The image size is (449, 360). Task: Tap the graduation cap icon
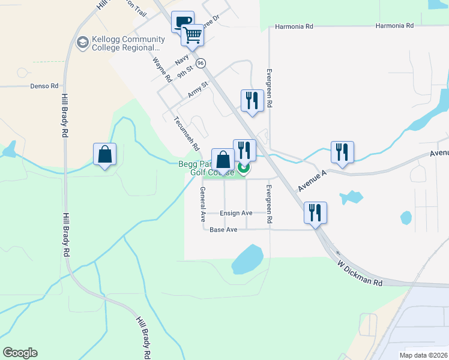(x=82, y=41)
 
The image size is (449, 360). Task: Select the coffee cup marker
(x=182, y=22)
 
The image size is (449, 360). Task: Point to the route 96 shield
(x=200, y=63)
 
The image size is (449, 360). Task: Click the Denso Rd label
(x=44, y=86)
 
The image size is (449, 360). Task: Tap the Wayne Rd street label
(x=162, y=70)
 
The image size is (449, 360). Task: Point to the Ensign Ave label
(x=236, y=213)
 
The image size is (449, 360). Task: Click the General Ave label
(x=203, y=202)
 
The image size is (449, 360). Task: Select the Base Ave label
(x=224, y=230)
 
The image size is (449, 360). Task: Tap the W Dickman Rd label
(x=359, y=273)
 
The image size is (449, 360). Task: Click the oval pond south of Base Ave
(x=247, y=259)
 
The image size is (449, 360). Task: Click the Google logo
(x=20, y=353)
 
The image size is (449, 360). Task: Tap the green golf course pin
(x=244, y=169)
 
